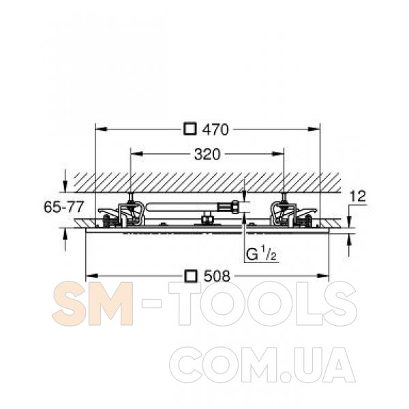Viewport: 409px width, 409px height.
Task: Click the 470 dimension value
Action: (215, 130)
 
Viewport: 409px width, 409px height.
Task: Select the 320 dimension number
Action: (207, 155)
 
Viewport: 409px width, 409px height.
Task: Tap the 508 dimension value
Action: (217, 276)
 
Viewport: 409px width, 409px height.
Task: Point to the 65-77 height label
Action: (63, 207)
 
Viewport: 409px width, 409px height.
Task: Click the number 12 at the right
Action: (358, 196)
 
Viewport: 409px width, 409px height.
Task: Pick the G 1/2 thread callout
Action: (261, 254)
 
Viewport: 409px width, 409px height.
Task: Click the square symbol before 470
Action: (190, 129)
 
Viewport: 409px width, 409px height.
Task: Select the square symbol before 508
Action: (190, 276)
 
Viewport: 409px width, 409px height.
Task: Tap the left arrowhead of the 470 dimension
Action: (101, 129)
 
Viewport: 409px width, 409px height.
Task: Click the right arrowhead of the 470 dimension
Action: (314, 129)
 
